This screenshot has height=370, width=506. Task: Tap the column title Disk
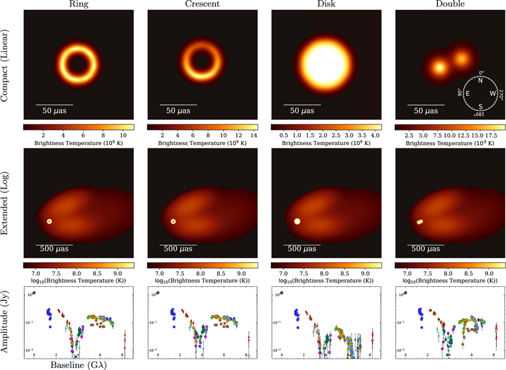pyautogui.click(x=326, y=5)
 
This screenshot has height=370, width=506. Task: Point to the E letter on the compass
pyautogui.click(x=467, y=93)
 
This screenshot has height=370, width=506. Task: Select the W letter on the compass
pyautogui.click(x=493, y=93)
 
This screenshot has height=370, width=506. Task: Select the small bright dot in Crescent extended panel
pyautogui.click(x=173, y=221)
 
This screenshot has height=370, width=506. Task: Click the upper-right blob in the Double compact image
pyautogui.click(x=461, y=59)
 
